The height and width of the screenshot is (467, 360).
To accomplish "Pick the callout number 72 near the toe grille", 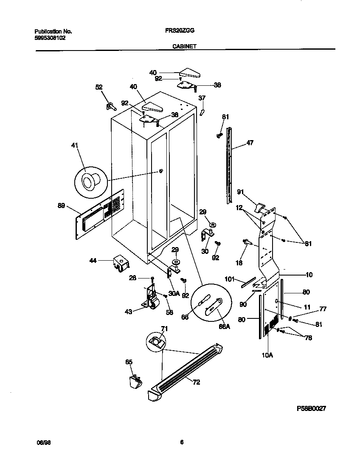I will coord(196,382).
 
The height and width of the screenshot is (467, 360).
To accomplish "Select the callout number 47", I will coord(250,143).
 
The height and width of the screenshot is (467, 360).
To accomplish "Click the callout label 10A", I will coord(267,355).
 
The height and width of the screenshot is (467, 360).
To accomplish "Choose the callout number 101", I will coord(229,279).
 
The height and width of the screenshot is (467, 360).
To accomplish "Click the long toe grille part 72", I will coord(187,369).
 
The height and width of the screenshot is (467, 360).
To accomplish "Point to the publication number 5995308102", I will coord(50,37).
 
